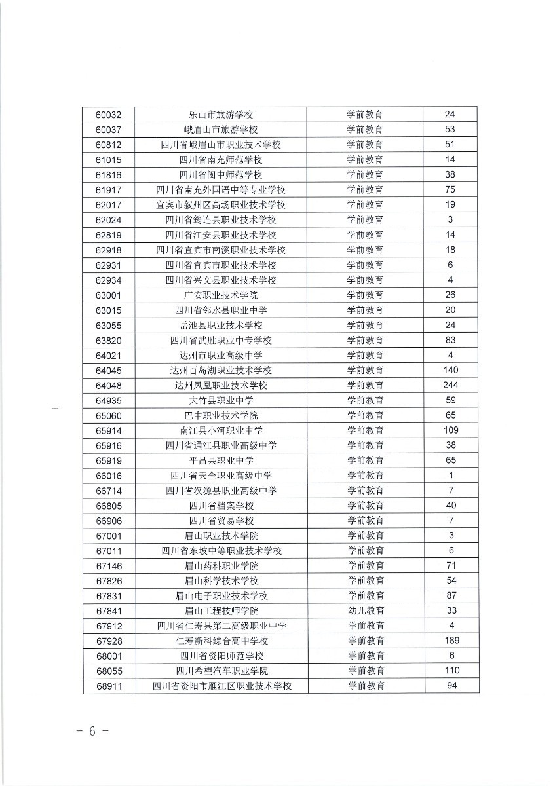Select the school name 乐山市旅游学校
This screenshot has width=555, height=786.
[x=221, y=115]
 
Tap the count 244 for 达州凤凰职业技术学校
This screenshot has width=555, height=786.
[x=451, y=385]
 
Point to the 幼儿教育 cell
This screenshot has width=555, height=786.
[x=366, y=610]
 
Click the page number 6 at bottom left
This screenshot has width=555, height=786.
[x=92, y=732]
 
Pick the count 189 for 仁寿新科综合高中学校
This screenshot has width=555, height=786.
[x=451, y=641]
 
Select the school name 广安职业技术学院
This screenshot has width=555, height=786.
[x=221, y=295]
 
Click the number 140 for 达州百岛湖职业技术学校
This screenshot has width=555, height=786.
[x=451, y=370]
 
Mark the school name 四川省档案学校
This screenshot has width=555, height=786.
[x=221, y=506]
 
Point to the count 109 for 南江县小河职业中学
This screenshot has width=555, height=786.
[x=451, y=430]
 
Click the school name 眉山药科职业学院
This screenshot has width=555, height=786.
[x=221, y=565]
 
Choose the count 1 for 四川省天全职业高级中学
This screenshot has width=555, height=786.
[x=451, y=476]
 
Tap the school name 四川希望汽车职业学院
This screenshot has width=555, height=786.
[x=221, y=671]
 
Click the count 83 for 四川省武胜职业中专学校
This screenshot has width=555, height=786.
[x=451, y=340]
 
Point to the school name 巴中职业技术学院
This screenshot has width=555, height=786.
[x=221, y=415]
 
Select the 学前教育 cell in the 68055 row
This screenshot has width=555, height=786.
[x=366, y=671]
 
